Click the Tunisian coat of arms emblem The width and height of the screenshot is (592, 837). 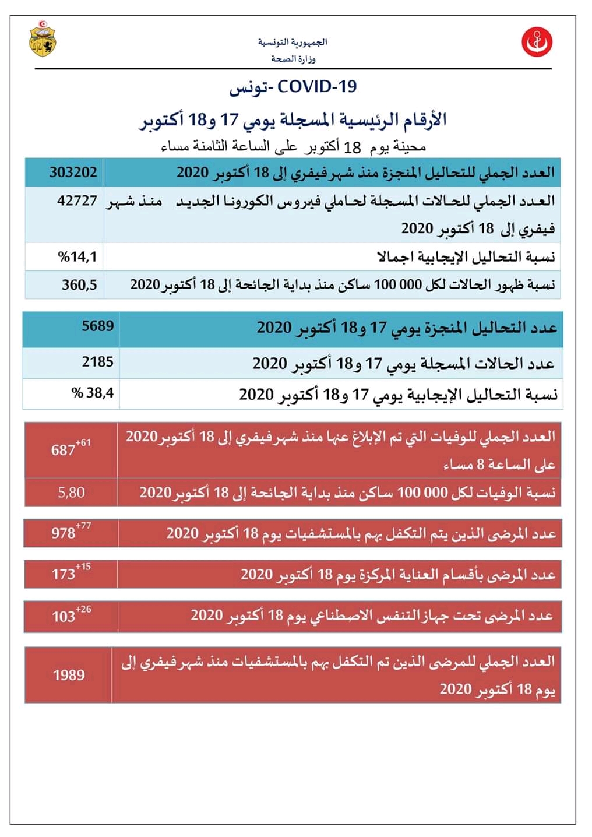[x=43, y=39]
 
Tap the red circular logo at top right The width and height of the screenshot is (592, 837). [x=537, y=42]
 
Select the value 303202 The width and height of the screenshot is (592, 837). [x=73, y=173]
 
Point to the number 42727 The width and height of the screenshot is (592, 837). [x=77, y=201]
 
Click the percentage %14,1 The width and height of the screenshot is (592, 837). [x=77, y=256]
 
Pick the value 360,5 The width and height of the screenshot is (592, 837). [x=79, y=285]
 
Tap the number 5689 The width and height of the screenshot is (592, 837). [x=97, y=326]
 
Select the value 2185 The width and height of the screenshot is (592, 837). [x=97, y=362]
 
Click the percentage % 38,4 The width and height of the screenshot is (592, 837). [x=93, y=393]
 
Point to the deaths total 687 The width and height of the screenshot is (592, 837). [x=63, y=450]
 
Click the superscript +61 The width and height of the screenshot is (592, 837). [x=83, y=443]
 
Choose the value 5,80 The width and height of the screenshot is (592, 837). [x=71, y=493]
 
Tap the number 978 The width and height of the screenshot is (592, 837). [x=63, y=533]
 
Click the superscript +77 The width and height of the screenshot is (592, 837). [x=83, y=526]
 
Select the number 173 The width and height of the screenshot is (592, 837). [x=63, y=574]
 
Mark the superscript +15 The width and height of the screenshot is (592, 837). [x=83, y=567]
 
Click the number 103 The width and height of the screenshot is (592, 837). [x=63, y=617]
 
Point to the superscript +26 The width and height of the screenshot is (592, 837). [x=83, y=610]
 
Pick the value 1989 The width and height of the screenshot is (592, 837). [x=69, y=675]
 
